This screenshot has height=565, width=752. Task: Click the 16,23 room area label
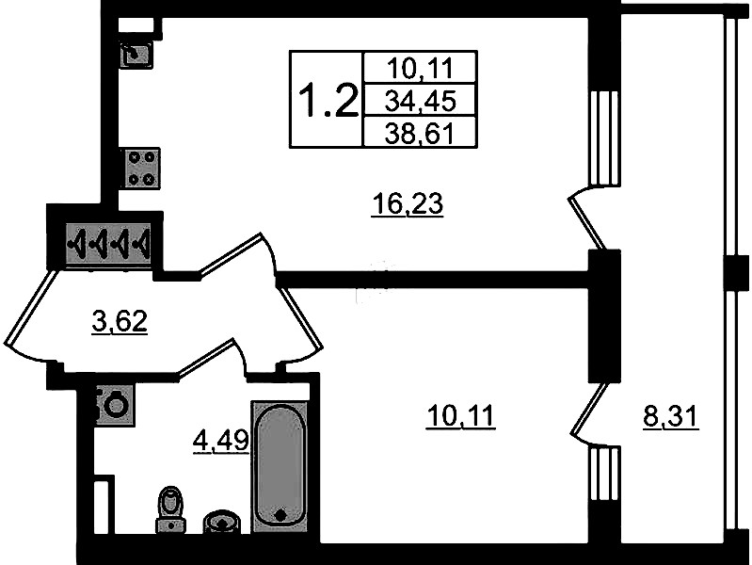coord(408,205)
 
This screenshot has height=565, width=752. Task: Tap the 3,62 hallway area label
coord(120,322)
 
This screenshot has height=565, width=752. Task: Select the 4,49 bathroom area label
coord(220,440)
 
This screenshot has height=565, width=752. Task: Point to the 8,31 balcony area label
coord(670,416)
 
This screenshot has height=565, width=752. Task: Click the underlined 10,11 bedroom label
coord(460,415)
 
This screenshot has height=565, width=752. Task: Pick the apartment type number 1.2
coord(328,100)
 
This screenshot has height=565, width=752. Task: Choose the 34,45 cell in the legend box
coord(420,101)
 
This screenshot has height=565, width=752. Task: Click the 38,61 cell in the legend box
coord(420,133)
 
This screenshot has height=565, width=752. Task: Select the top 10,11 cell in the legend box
coord(420,69)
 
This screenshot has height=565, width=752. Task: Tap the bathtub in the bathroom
coord(280,466)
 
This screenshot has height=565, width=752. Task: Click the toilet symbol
coord(169,509)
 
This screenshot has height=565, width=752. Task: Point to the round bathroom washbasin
coord(220,522)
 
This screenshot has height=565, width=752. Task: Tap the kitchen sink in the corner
coord(136,55)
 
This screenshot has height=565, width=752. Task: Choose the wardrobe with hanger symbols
coord(109,243)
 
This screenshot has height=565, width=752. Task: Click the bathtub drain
coord(280,514)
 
